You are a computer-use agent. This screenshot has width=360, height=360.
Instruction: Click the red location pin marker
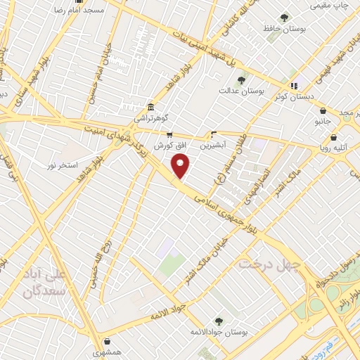click(181, 166)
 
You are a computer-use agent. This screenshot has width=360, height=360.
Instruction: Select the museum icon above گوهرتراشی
click(150, 107)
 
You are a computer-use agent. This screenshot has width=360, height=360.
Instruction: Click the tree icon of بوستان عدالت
click(241, 80)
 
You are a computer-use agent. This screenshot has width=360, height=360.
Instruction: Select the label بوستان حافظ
click(284, 29)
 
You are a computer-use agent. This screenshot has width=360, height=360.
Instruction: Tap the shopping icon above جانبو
click(323, 110)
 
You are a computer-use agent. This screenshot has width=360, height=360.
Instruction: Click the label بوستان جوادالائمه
click(219, 331)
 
